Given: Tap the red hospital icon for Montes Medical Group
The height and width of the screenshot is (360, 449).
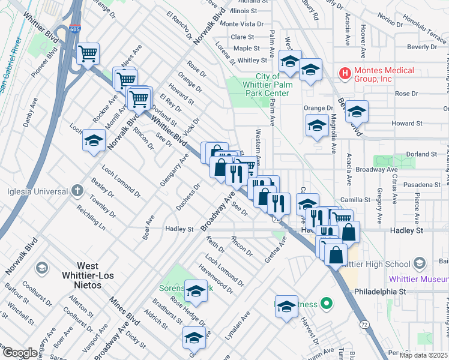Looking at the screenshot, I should point(345,74).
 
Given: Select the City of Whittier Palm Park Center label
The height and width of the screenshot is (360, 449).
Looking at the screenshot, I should point(267,85).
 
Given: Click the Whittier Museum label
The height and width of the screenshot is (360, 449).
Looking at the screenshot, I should point(418,279).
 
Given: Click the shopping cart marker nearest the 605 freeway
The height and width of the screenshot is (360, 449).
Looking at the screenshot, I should point(88,54).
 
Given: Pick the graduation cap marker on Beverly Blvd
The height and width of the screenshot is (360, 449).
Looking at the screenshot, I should point(357,112).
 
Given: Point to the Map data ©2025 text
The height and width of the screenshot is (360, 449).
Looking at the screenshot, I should point(423,355).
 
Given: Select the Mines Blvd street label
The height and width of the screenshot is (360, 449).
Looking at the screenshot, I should point(125,309).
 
